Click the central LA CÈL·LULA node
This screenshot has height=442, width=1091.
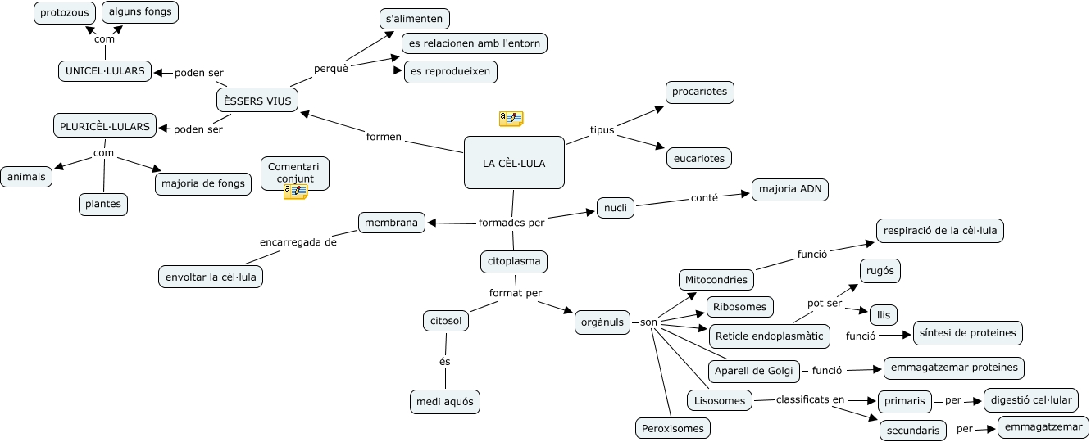(x=514, y=163)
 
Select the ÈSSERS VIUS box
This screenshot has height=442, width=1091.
(x=257, y=100)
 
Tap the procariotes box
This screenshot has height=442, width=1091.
(x=699, y=92)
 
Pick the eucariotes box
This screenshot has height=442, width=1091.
(x=698, y=158)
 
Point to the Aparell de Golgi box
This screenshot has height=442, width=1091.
(x=753, y=371)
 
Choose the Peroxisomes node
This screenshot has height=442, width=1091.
(x=673, y=427)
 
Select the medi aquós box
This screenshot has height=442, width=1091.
(x=444, y=402)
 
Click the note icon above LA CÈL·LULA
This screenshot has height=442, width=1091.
(x=511, y=120)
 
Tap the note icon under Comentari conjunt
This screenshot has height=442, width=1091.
(x=295, y=192)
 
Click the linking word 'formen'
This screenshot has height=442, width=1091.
(x=384, y=137)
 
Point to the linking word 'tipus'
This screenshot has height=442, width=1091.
(x=602, y=130)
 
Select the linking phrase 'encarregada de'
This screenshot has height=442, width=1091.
(x=298, y=242)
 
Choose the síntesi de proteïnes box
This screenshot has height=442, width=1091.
(x=967, y=333)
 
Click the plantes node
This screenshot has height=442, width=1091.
(x=103, y=204)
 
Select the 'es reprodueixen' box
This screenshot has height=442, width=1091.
(x=450, y=71)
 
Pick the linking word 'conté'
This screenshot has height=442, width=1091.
(x=704, y=197)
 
